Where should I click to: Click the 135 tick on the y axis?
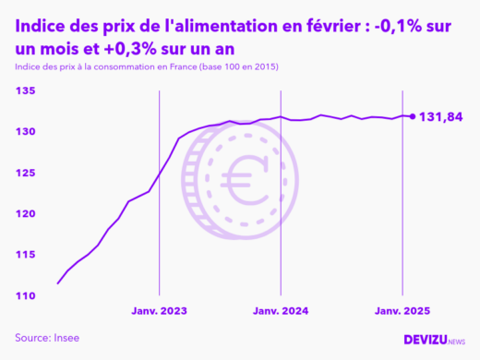(x=25, y=91)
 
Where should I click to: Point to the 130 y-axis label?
(x=25, y=132)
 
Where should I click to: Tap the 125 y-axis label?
(x=25, y=174)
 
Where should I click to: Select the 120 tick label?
(x=25, y=214)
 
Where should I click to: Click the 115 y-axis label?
(x=25, y=255)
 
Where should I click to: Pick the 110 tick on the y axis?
(x=25, y=296)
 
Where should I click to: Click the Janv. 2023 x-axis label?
(x=161, y=311)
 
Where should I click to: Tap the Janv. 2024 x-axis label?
(x=281, y=311)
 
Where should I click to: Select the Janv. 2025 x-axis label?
(x=402, y=311)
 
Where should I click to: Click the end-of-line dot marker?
(x=412, y=116)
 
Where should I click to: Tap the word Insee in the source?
(x=65, y=338)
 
